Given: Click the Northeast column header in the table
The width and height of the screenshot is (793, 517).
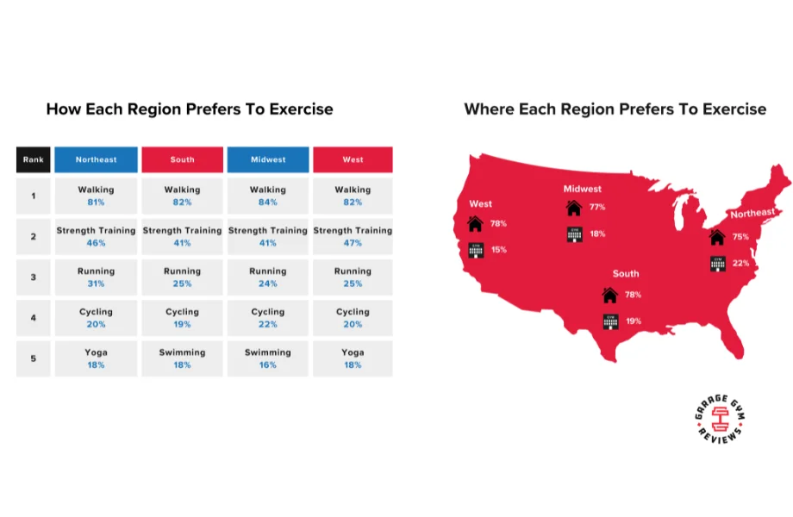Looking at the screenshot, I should [95, 159].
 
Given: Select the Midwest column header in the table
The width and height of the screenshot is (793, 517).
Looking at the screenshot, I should [267, 159].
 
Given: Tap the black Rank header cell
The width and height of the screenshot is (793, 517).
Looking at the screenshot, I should [33, 159].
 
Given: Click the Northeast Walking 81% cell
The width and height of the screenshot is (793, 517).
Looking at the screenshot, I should [95, 196].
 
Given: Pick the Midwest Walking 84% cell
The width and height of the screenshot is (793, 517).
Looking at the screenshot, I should [267, 196].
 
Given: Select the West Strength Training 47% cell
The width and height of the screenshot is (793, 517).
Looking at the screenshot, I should [353, 237].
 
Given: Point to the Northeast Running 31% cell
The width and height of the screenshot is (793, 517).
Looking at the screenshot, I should [95, 277].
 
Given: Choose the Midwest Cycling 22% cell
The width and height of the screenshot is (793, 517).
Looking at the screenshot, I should [267, 318].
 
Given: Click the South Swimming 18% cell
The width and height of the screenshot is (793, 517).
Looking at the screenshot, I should [182, 358].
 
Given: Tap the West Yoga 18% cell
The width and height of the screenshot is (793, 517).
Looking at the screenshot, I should [353, 358].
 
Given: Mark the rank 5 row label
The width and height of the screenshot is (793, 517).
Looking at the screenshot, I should [33, 358].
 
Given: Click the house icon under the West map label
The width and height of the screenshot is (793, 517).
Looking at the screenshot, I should [475, 224].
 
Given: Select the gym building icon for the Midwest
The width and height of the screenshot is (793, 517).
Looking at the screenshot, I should [574, 234].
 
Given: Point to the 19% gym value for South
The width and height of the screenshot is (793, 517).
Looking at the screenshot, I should [634, 321].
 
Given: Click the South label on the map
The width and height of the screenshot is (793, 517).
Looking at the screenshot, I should [626, 273].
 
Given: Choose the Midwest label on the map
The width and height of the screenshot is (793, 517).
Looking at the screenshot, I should [582, 189].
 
